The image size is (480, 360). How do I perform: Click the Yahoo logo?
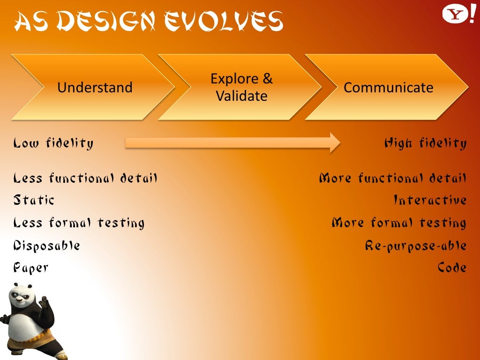pos(458,15)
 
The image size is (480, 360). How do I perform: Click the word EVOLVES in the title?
pos(223,21)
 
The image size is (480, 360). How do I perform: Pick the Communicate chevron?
pos(387,87)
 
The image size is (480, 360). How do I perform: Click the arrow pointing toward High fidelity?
pos(232,142)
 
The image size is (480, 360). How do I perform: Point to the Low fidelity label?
pos(53,143)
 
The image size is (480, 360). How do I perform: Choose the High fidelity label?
pos(426,143)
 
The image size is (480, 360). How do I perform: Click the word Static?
pos(34,200)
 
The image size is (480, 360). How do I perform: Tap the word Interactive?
pos(430,200)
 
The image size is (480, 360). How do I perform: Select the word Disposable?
pos(46,246)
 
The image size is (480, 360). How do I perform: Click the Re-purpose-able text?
pos(416,246)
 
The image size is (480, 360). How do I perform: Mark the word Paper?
pos(30,268)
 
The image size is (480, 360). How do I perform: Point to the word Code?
pos(452,268)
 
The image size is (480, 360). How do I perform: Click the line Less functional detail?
pos(85,178)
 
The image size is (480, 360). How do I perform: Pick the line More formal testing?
pos(399,223)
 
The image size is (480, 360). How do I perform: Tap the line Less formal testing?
pos(79,223)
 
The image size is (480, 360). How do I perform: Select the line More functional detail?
pos(393,178)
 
